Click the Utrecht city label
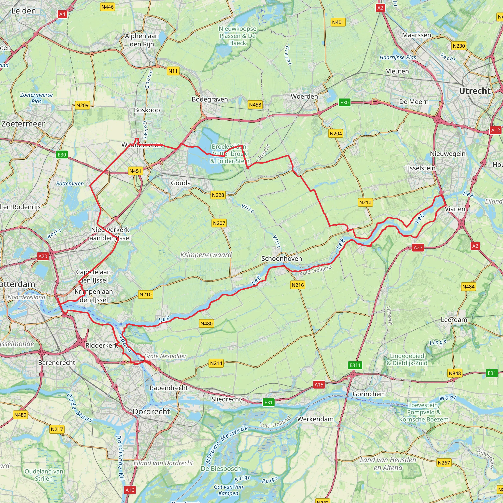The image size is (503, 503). click(474, 91)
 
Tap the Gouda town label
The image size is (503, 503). click(181, 183)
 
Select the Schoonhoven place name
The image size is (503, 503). click(281, 259)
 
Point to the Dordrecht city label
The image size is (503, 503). click(151, 412)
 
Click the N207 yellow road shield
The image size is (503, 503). click(219, 223)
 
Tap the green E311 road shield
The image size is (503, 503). click(355, 365)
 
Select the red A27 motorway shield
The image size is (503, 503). click(418, 248)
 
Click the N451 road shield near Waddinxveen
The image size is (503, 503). click(135, 171)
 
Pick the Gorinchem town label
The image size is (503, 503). click(369, 394)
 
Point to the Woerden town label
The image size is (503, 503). click(304, 97)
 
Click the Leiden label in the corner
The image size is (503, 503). click(24, 11)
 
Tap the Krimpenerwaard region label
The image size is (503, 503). click(206, 255)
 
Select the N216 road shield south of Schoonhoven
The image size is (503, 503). click(298, 285)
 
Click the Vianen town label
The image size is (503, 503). click(455, 209)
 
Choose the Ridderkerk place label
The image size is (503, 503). click(102, 346)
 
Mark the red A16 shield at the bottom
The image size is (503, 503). click(130, 490)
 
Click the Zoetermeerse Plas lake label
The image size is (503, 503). click(36, 98)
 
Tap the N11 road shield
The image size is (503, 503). click(173, 71)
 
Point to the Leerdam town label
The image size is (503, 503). click(454, 320)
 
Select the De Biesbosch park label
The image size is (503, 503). click(221, 469)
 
